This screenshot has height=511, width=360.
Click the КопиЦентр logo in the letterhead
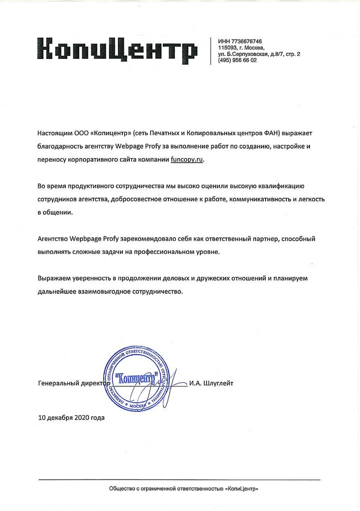coord(118,50)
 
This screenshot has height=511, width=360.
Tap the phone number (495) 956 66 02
coord(238,60)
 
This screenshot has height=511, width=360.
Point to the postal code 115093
coord(227,47)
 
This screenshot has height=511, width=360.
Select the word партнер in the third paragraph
coord(265,239)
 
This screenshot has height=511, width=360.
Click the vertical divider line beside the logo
coord(211,50)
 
